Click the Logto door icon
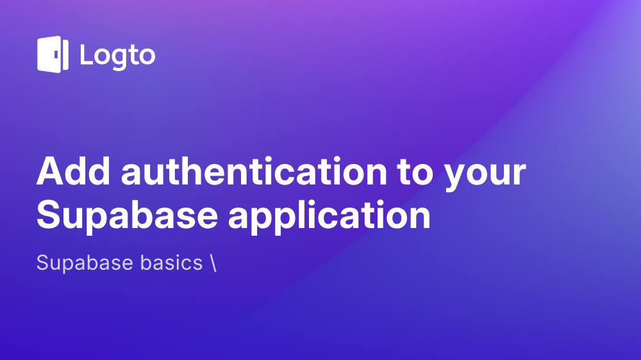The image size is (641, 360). (x=53, y=54)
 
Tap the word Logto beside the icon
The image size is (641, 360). (x=117, y=56)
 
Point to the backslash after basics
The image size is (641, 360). (x=212, y=263)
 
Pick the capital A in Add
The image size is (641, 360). (x=50, y=172)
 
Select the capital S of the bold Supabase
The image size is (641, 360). (x=49, y=215)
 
